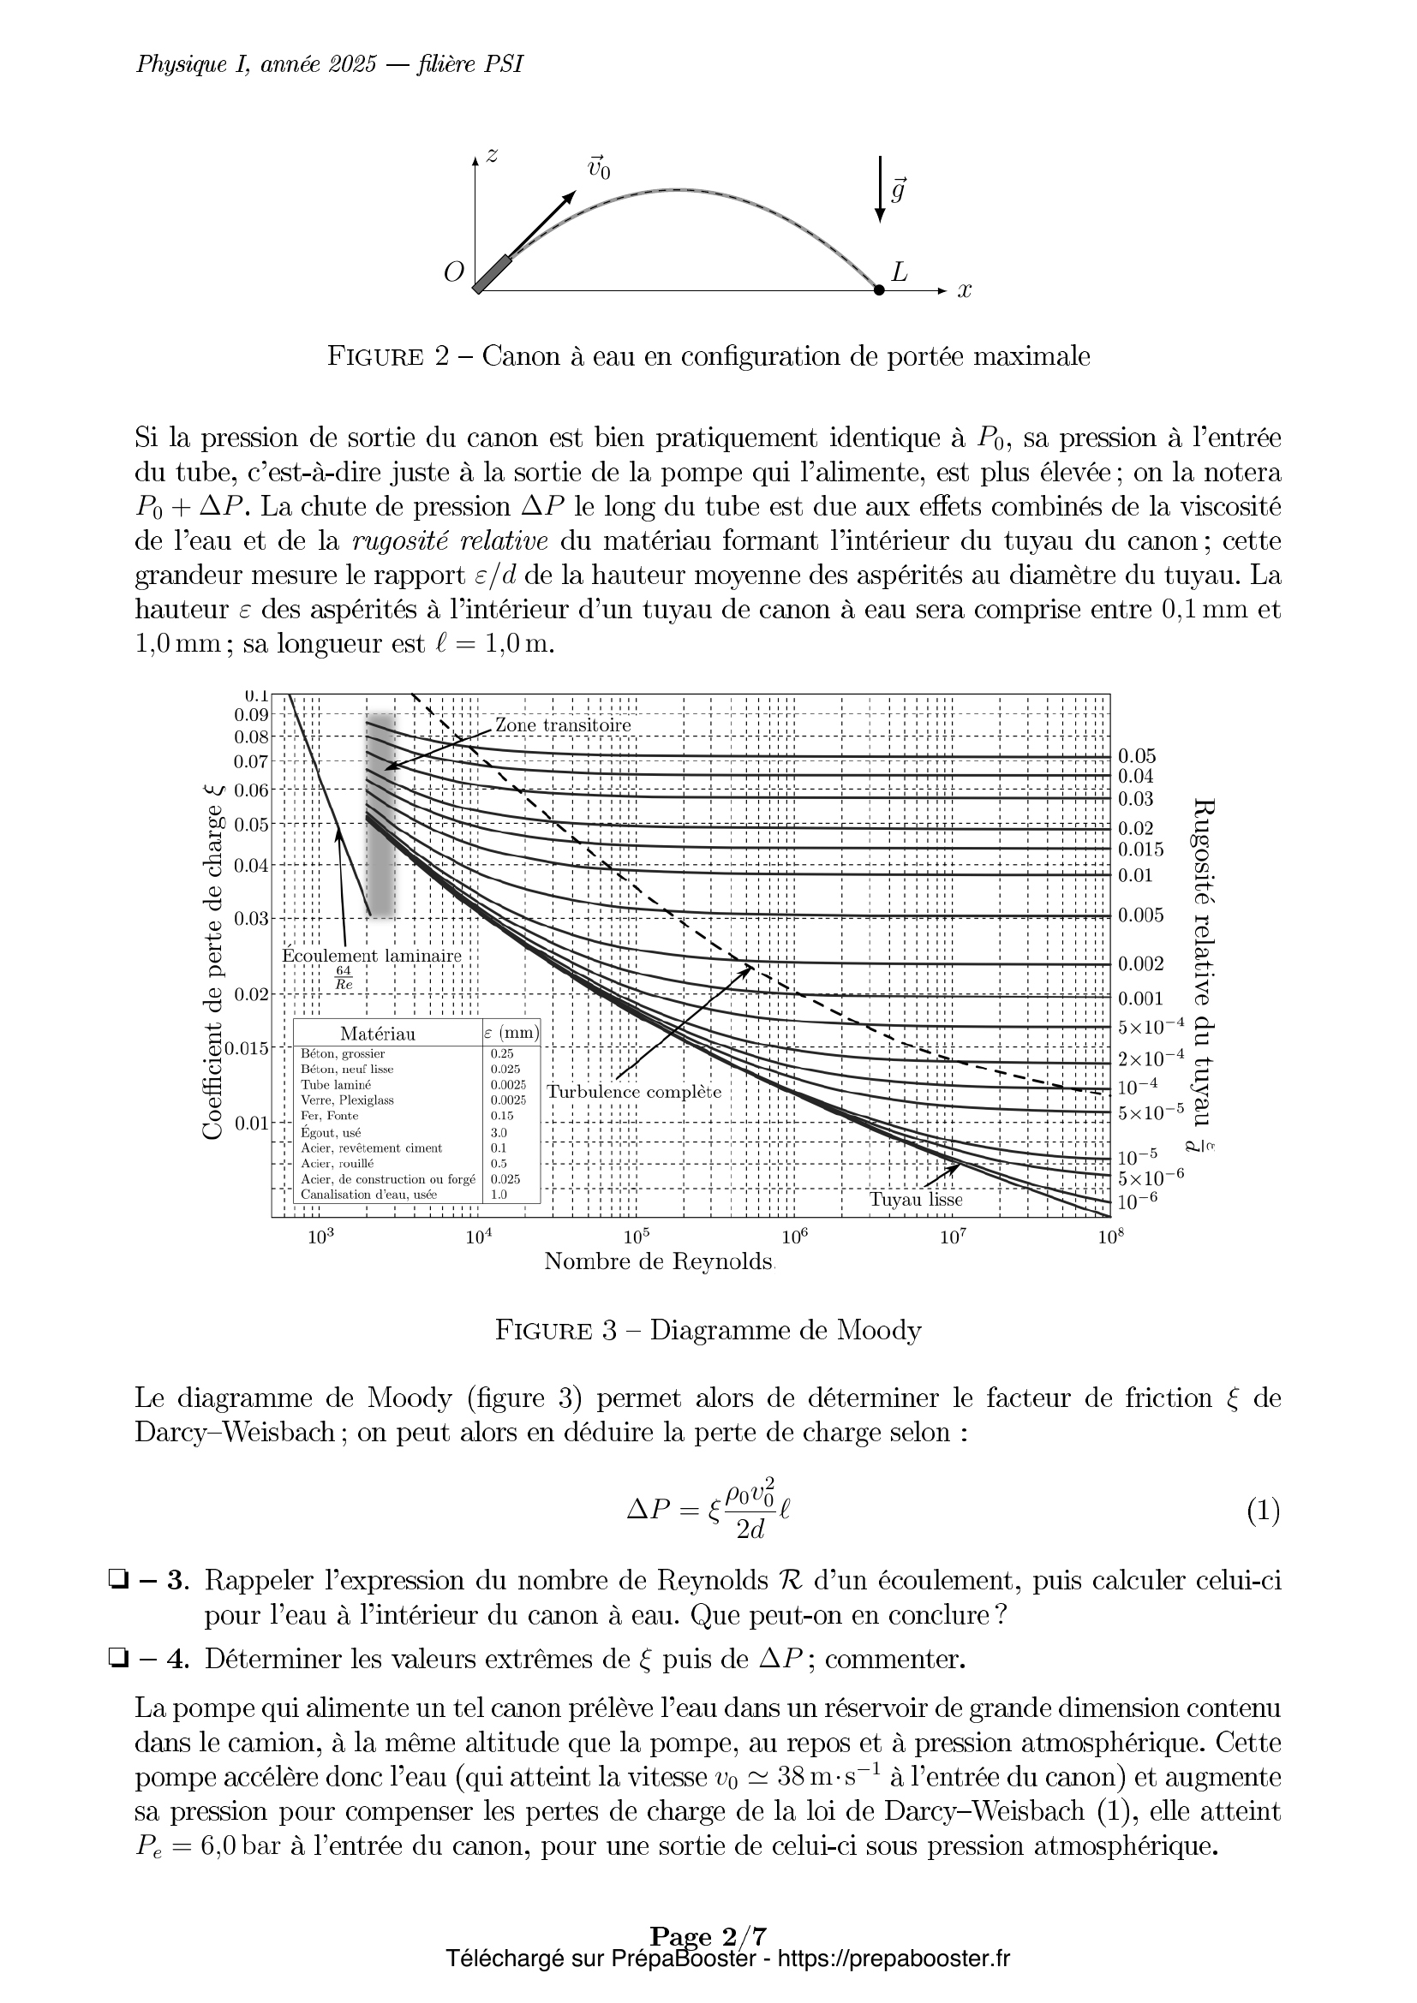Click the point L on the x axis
click(879, 289)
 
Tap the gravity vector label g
click(897, 189)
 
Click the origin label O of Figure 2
click(453, 273)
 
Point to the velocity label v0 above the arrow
click(599, 168)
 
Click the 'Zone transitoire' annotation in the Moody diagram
click(563, 725)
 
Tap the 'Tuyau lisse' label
click(915, 1200)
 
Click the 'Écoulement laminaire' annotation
click(371, 956)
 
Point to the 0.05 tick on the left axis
click(250, 825)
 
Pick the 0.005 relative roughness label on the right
click(1140, 915)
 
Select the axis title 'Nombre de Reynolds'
click(659, 1261)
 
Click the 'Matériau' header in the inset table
click(377, 1034)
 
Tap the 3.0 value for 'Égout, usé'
click(499, 1132)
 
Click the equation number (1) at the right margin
click(1263, 1511)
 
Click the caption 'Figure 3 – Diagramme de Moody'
click(708, 1331)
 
